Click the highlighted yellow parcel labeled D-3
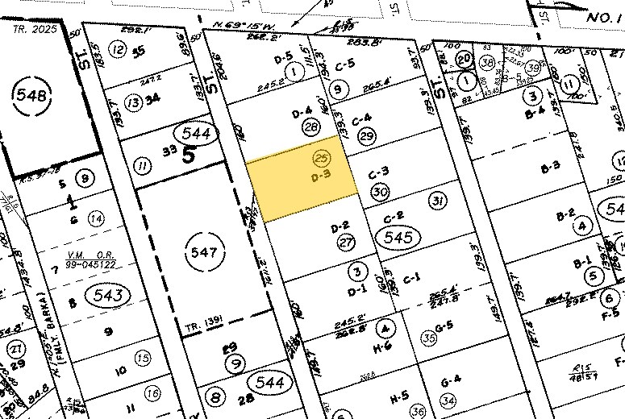(x=302, y=180)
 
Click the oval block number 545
(x=399, y=237)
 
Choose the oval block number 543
(x=107, y=295)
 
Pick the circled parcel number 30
(x=379, y=193)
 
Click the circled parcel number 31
(x=438, y=200)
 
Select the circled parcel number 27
(x=347, y=243)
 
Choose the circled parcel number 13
(x=133, y=102)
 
